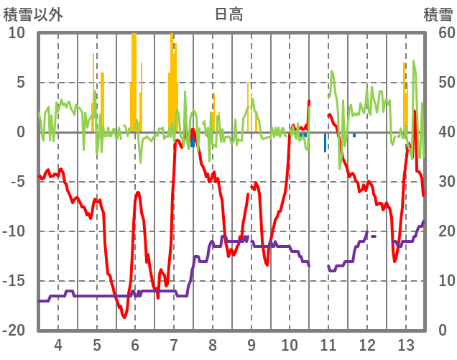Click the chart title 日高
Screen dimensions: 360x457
click(228, 14)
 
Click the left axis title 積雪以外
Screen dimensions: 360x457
click(33, 14)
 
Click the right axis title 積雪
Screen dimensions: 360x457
click(438, 14)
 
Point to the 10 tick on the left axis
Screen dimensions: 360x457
click(17, 33)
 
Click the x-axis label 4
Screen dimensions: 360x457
click(58, 343)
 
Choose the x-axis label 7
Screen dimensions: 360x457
click(174, 343)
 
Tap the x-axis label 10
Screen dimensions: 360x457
click(290, 343)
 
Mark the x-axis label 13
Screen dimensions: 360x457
click(405, 343)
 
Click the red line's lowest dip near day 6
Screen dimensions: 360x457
click(124, 317)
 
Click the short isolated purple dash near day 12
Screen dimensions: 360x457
click(374, 236)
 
